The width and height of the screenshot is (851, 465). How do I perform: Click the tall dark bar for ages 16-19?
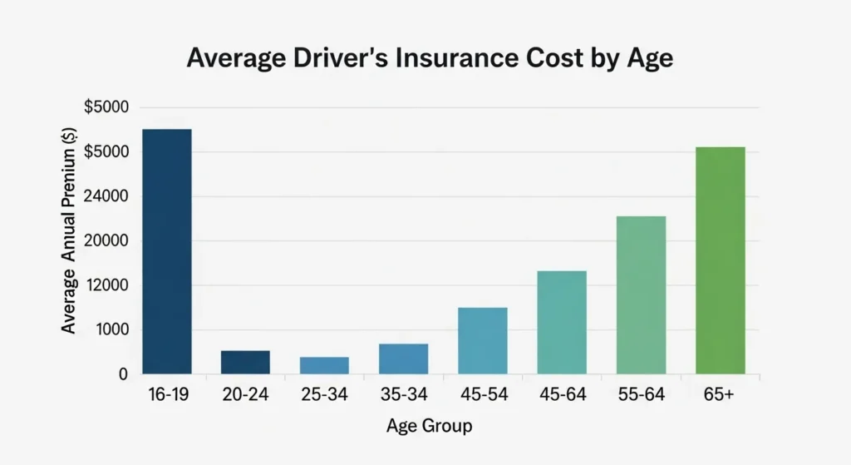tap(166, 251)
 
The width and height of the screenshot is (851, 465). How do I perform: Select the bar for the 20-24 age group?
tap(245, 362)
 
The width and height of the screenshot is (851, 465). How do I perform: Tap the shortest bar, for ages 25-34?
tap(324, 365)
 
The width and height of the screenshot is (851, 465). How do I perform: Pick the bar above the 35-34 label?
tap(403, 359)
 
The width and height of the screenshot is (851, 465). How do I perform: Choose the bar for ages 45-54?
tap(482, 340)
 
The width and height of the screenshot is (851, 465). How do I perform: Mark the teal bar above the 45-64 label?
tap(562, 322)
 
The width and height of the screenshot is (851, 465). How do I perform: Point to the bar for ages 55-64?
tap(641, 294)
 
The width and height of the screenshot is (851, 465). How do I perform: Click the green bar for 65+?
tap(720, 260)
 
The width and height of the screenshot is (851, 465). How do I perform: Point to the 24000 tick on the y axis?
tap(106, 196)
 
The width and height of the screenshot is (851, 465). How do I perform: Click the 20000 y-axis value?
tap(106, 241)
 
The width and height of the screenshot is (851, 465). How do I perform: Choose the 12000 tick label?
tap(106, 285)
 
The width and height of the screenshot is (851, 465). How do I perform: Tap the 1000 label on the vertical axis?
tap(110, 330)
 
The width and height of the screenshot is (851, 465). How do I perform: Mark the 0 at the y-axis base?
tap(122, 374)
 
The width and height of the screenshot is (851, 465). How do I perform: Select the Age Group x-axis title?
tap(429, 427)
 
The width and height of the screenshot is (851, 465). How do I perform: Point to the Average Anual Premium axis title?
tap(69, 240)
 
